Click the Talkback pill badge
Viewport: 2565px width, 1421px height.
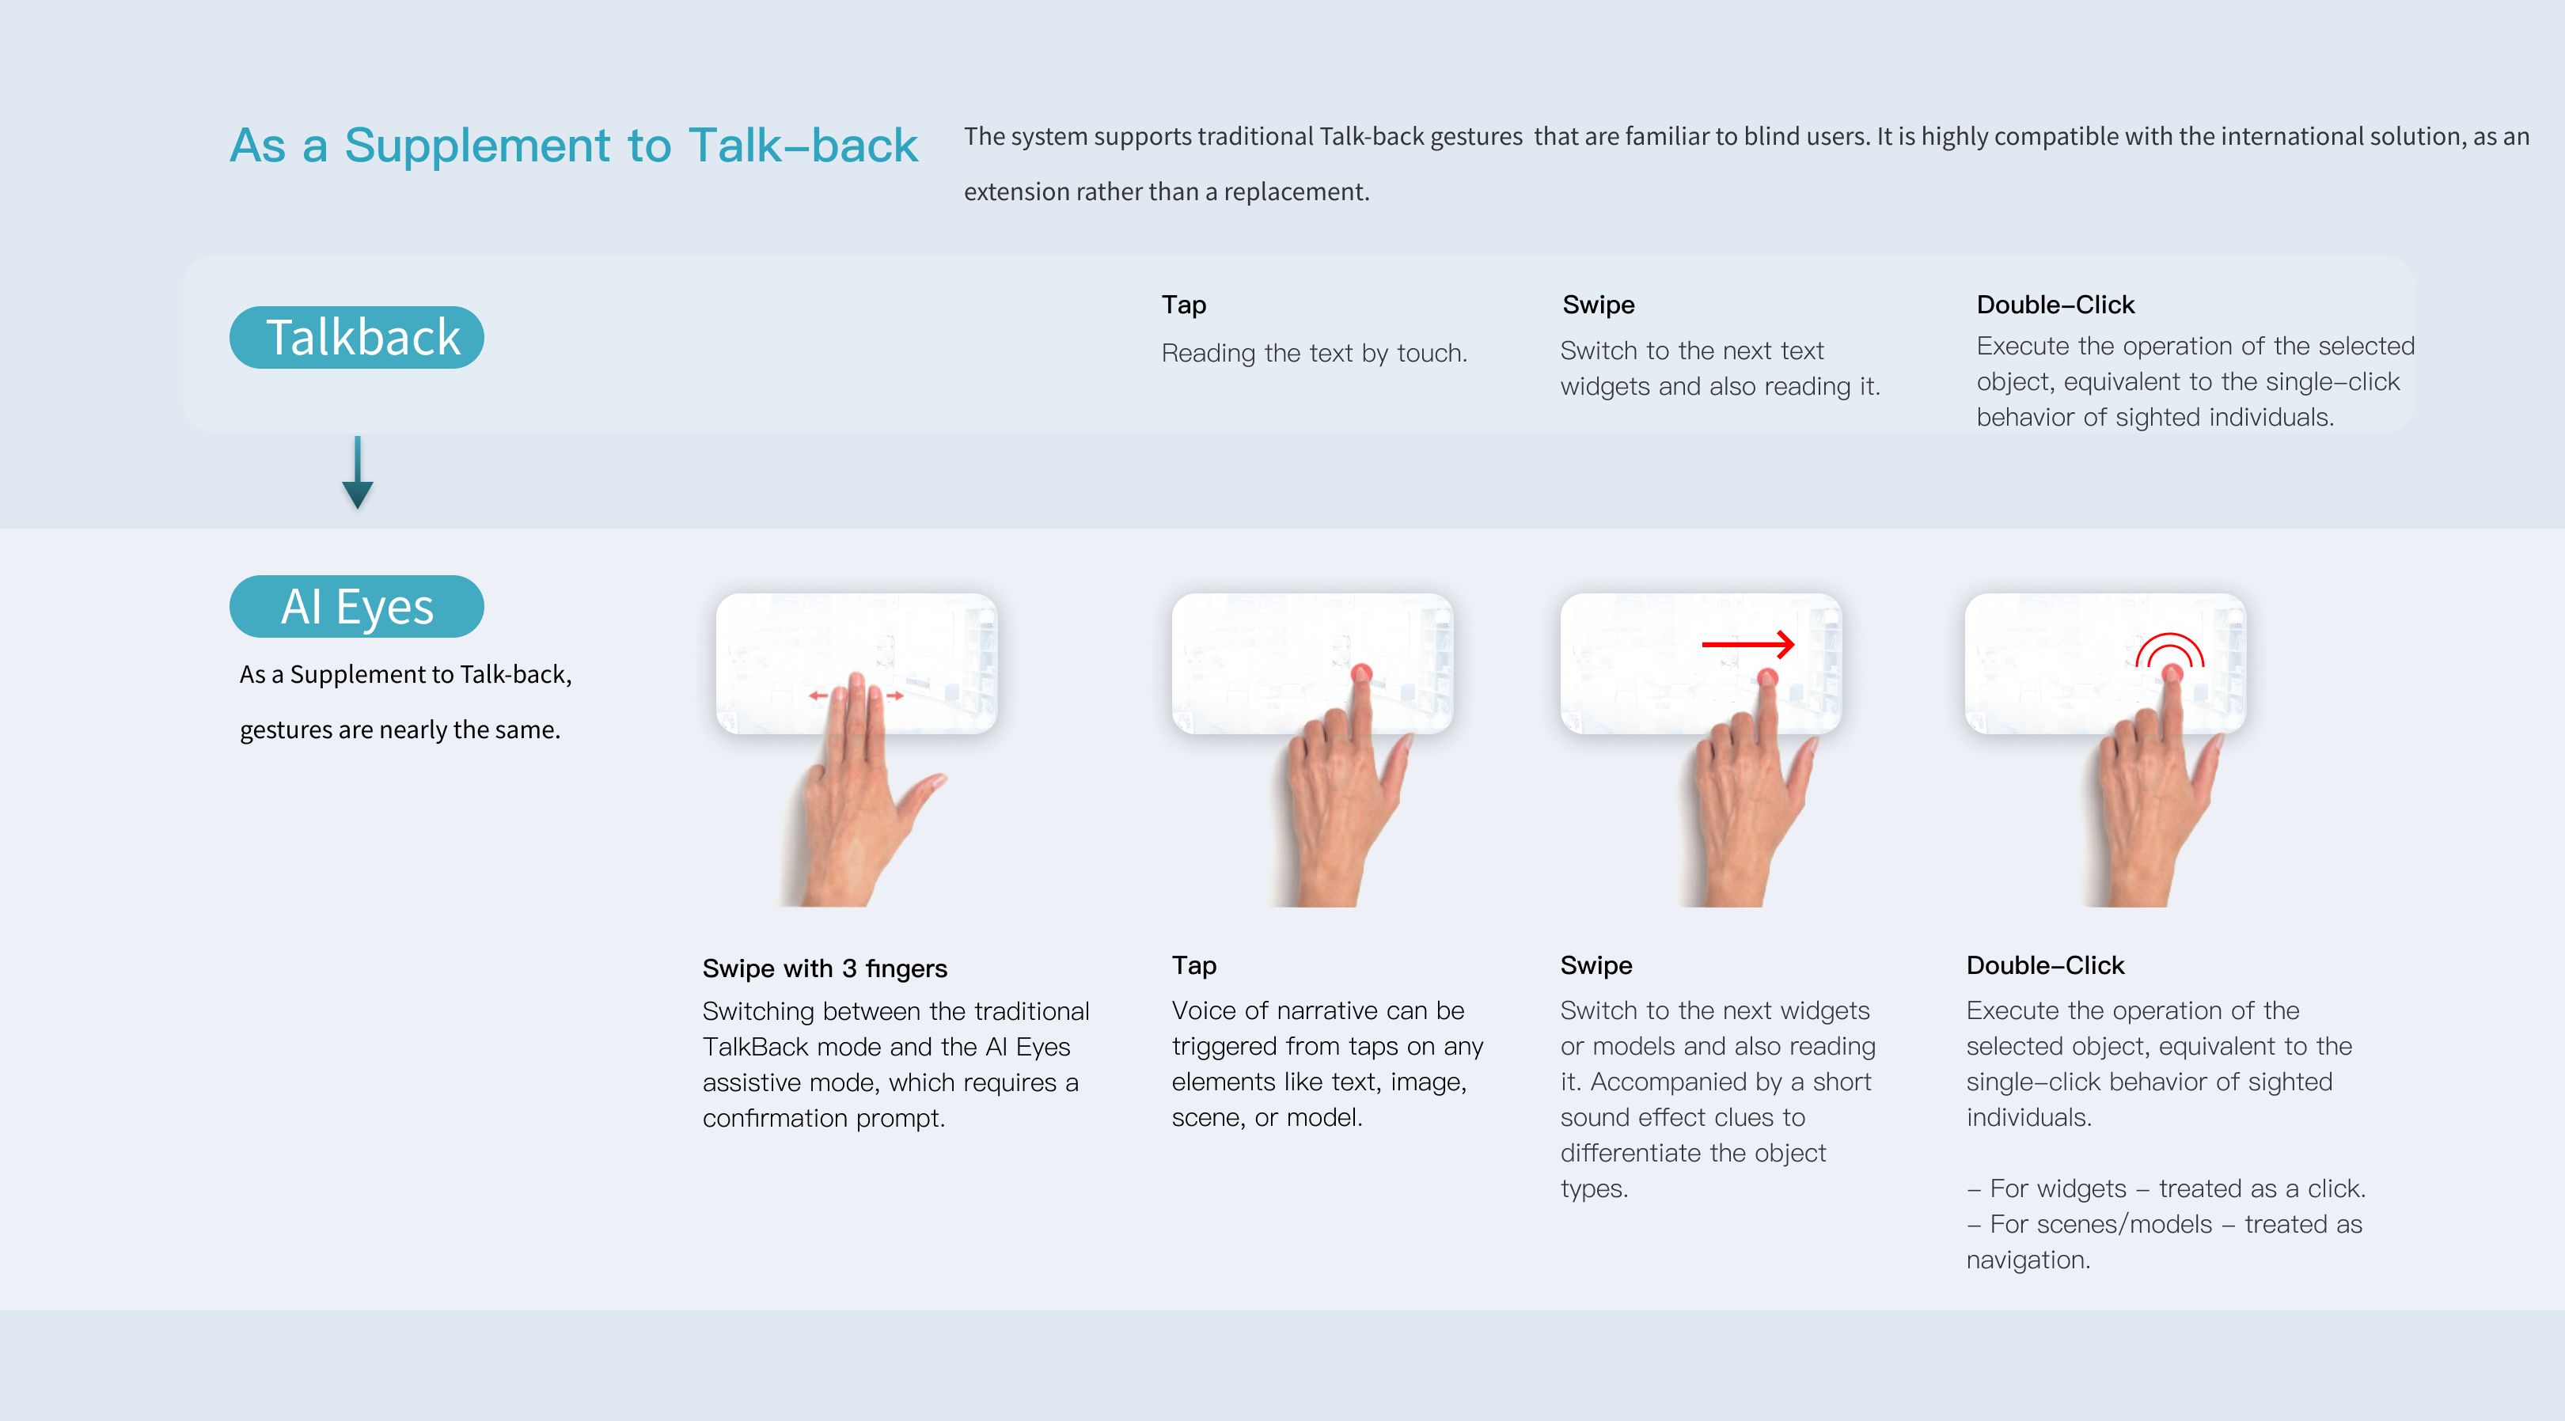click(x=356, y=338)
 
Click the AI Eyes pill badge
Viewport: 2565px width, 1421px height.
click(x=356, y=606)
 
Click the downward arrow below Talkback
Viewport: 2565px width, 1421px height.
click(x=358, y=472)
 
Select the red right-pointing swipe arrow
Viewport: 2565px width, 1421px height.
click(x=1748, y=644)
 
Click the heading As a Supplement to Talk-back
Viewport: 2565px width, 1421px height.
click(x=574, y=146)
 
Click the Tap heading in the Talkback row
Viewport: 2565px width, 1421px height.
click(x=1184, y=305)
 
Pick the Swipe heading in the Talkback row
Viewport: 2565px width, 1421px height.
click(x=1598, y=305)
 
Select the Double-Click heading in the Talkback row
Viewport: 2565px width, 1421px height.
click(x=2055, y=305)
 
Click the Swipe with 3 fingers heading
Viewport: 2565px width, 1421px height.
click(x=825, y=968)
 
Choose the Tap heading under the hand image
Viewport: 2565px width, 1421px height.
click(x=1194, y=965)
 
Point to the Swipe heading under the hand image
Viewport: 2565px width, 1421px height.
click(x=1596, y=965)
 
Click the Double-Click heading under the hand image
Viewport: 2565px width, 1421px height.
click(x=2045, y=965)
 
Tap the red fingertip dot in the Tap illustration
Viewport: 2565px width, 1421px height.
click(x=1361, y=674)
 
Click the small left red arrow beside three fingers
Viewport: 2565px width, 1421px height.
click(x=818, y=695)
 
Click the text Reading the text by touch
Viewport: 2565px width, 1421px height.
click(x=1315, y=354)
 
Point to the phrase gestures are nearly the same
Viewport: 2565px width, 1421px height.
click(x=400, y=730)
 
